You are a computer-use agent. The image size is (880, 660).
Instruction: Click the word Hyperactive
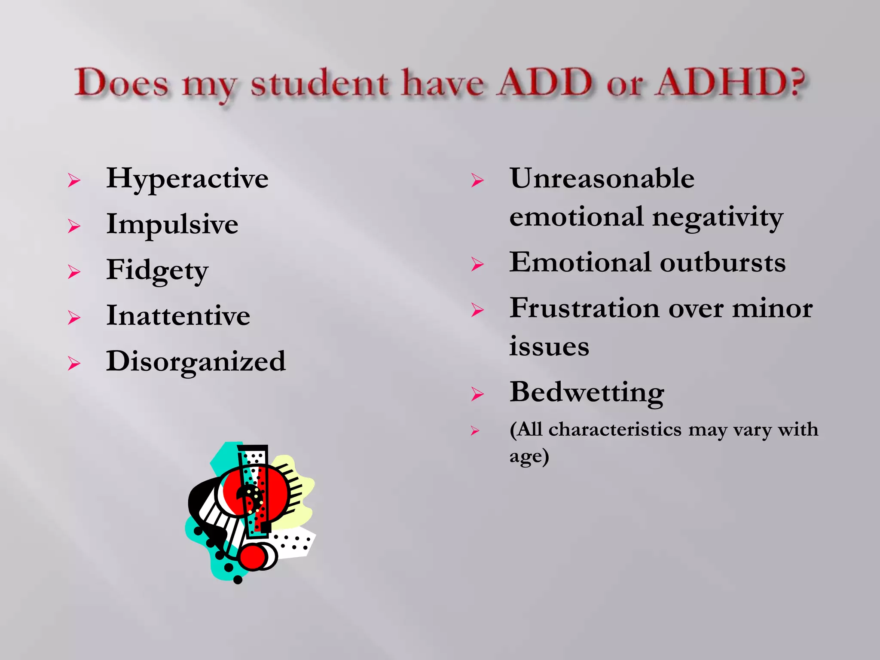click(x=187, y=179)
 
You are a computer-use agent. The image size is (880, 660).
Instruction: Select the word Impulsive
click(x=172, y=225)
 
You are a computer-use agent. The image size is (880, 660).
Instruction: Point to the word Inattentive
click(x=178, y=316)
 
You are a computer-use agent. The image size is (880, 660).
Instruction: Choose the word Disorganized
click(x=196, y=362)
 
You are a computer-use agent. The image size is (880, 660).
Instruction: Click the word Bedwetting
click(x=587, y=393)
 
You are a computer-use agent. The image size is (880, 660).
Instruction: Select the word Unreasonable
click(x=602, y=179)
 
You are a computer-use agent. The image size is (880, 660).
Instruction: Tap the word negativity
click(x=718, y=217)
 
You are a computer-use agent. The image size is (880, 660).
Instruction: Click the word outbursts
click(x=723, y=263)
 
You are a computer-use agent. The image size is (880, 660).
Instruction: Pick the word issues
click(x=549, y=346)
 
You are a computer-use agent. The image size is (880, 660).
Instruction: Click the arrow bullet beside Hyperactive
click(x=74, y=180)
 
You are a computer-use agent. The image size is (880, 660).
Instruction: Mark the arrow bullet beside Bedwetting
click(x=477, y=394)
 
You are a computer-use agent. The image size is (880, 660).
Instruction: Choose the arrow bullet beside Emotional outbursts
click(x=477, y=264)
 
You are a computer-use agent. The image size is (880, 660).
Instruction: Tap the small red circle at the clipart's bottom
click(x=253, y=557)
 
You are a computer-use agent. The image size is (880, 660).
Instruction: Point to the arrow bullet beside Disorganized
click(x=74, y=364)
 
